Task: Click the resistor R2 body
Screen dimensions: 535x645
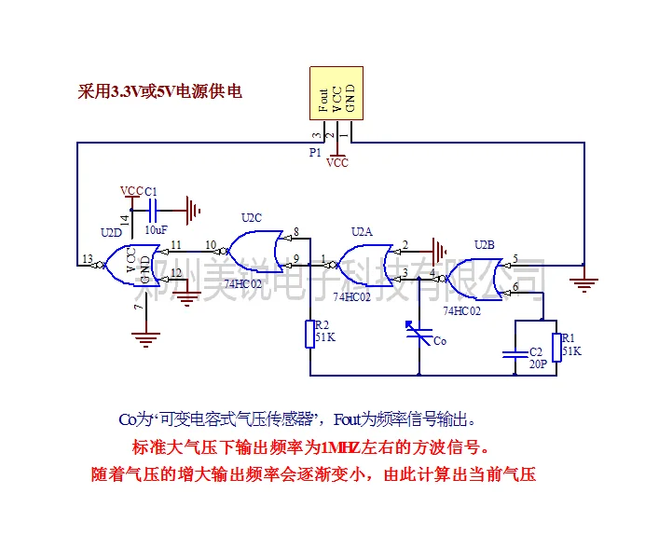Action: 310,334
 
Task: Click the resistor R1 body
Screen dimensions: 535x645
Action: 556,347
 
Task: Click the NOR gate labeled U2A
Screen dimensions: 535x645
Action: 364,265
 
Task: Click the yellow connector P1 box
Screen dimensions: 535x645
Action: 336,93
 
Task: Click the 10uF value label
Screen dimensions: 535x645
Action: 156,229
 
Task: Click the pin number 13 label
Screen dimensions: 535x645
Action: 88,258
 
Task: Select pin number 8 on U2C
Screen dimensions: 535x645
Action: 295,232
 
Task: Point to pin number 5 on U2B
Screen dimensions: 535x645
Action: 515,258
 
